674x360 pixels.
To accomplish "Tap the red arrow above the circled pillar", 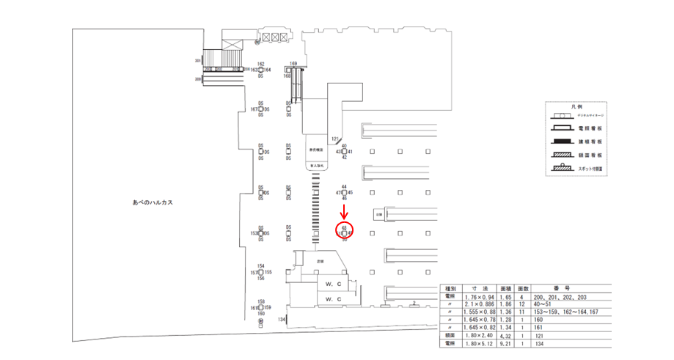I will click(345, 212).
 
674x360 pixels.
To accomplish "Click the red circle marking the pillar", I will click(345, 232).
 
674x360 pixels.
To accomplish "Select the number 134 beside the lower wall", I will click(282, 320).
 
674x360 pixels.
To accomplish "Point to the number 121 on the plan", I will click(335, 138).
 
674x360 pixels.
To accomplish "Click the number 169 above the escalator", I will click(293, 64).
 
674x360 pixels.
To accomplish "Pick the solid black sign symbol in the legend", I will click(563, 140).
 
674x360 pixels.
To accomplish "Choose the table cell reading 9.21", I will click(504, 343).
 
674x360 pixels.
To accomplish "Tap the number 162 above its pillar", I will click(260, 64).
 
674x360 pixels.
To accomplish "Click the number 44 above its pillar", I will click(344, 187).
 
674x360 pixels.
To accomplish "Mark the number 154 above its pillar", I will click(260, 266).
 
